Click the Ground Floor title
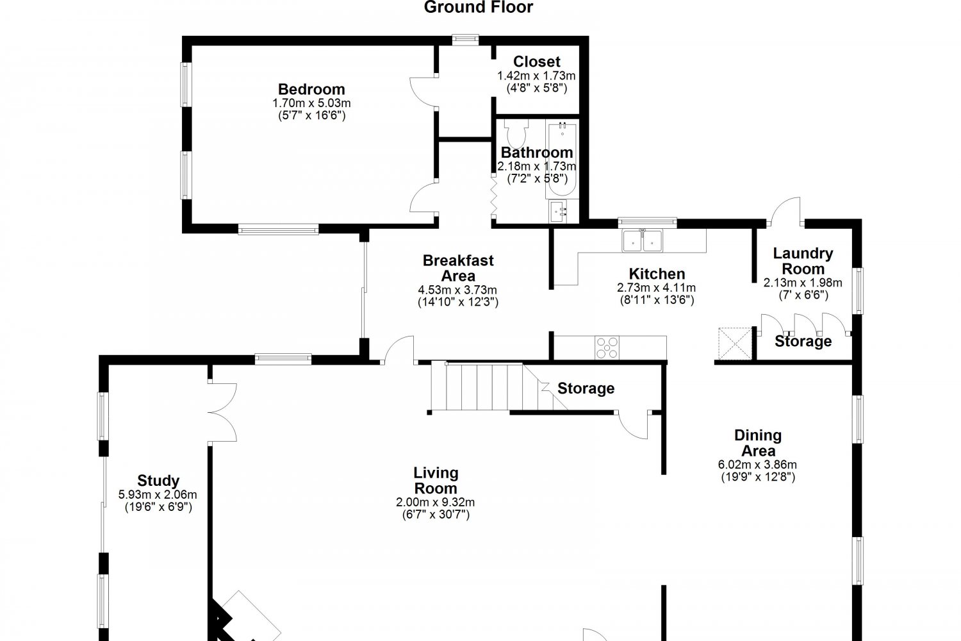(479, 7)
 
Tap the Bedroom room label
(311, 89)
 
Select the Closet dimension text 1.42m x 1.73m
(536, 76)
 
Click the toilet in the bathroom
(516, 133)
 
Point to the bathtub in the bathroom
(562, 159)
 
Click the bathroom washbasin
(559, 212)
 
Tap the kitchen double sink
(642, 241)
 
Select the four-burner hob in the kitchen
(607, 347)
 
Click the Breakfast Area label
(458, 268)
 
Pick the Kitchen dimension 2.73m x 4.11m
(657, 288)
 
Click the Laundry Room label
(803, 261)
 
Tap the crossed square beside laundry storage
(735, 344)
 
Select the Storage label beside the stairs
(586, 388)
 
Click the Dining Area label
(758, 443)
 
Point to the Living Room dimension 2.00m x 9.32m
(436, 502)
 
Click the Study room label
(158, 480)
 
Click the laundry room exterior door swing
(785, 211)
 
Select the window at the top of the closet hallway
(466, 40)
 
